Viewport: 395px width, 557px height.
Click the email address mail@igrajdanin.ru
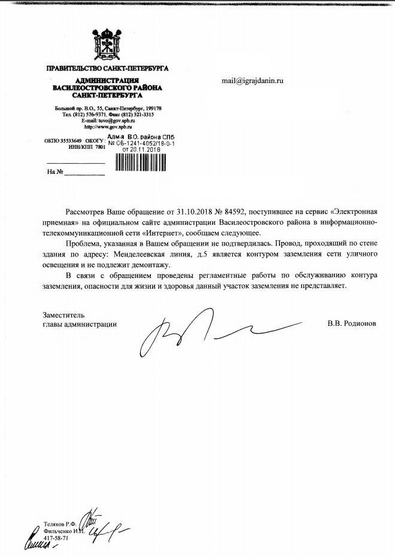(x=252, y=81)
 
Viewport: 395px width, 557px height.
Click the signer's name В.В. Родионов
(x=353, y=324)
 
